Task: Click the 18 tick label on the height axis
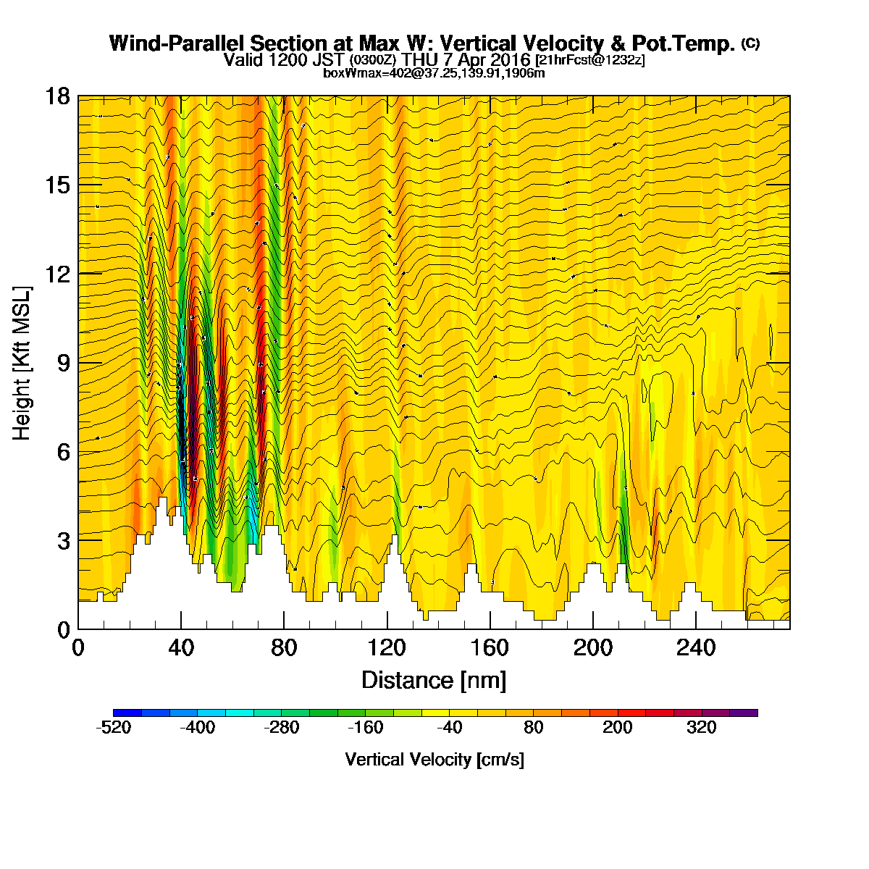pyautogui.click(x=58, y=96)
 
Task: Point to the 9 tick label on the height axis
pyautogui.click(x=64, y=363)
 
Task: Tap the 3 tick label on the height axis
pyautogui.click(x=64, y=541)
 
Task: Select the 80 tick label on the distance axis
pyautogui.click(x=284, y=648)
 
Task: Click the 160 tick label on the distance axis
pyautogui.click(x=490, y=648)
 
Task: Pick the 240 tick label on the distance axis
pyautogui.click(x=696, y=648)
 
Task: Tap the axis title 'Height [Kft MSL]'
pyautogui.click(x=22, y=363)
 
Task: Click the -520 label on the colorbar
pyautogui.click(x=113, y=727)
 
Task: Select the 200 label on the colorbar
pyautogui.click(x=618, y=727)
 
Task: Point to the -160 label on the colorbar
pyautogui.click(x=365, y=727)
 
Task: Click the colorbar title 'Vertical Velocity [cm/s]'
pyautogui.click(x=434, y=760)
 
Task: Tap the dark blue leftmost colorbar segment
pyautogui.click(x=127, y=713)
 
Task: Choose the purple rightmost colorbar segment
pyautogui.click(x=744, y=713)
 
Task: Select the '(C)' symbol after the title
pyautogui.click(x=750, y=43)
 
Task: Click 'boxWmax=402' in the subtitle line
pyautogui.click(x=362, y=73)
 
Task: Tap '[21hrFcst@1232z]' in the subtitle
pyautogui.click(x=590, y=60)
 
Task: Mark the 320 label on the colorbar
pyautogui.click(x=701, y=727)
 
